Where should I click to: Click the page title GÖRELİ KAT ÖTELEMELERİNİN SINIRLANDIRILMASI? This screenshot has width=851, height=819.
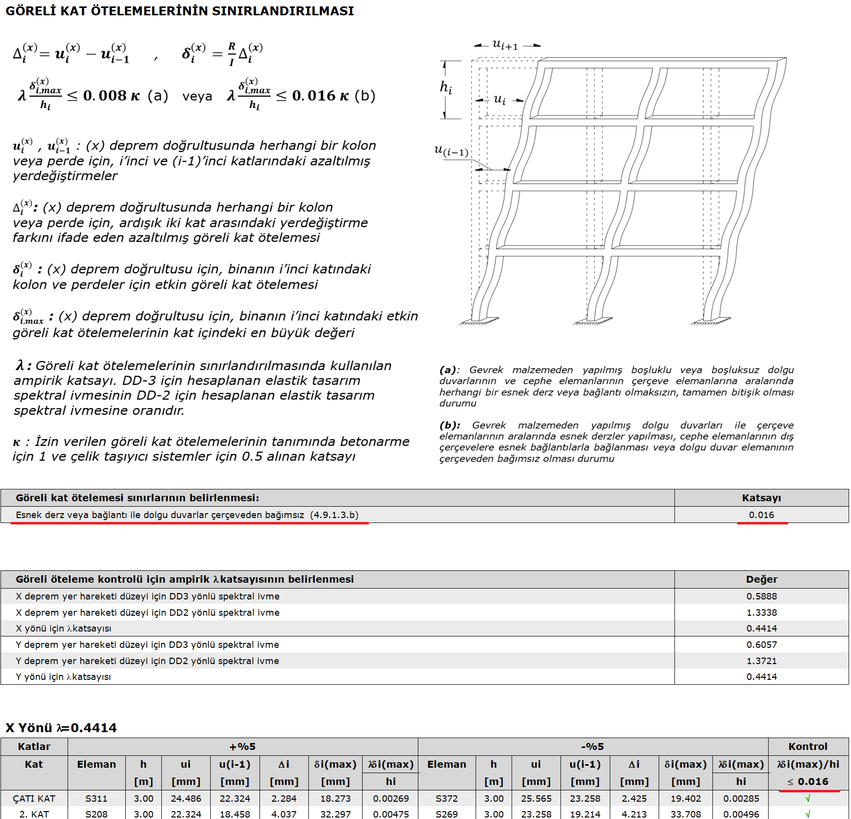pos(180,11)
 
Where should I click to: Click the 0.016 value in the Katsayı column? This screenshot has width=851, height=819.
pos(761,515)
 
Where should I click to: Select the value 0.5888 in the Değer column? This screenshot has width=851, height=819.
pos(761,596)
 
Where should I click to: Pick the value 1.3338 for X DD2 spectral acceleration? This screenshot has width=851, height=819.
pos(761,612)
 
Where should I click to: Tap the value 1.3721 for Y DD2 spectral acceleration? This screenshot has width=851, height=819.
pos(761,661)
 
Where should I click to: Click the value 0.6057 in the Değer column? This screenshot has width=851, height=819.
pos(761,644)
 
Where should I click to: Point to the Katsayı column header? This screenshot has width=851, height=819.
pos(761,498)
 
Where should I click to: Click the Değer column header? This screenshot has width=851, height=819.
pos(761,579)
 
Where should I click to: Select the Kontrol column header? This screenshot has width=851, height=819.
pos(808,746)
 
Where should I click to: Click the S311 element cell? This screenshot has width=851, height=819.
pos(96,798)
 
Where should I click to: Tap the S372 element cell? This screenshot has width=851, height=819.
pos(446,798)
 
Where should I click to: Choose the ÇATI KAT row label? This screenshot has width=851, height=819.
pos(34,798)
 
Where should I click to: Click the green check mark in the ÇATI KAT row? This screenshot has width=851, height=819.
pos(808,798)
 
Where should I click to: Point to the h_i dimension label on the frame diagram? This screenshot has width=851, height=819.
pos(446,88)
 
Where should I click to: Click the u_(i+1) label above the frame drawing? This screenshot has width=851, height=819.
pos(505,44)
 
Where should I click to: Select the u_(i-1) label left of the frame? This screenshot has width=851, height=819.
pos(451,150)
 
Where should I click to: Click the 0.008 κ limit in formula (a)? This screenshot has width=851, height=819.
pos(111,96)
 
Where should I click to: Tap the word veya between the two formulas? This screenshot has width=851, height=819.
pos(197,96)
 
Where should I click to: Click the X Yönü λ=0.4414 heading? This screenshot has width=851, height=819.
pos(61,728)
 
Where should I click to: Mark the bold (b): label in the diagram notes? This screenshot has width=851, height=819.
pos(449,425)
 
